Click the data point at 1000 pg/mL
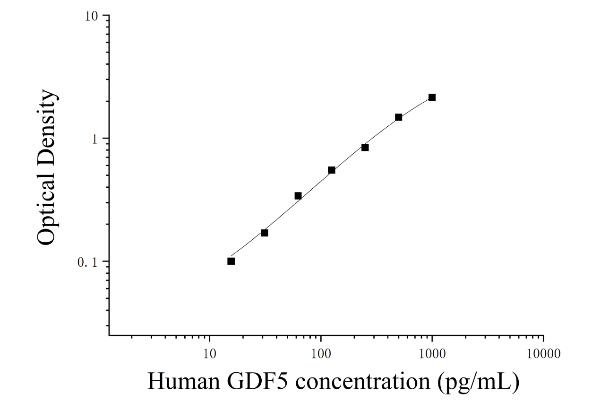pyautogui.click(x=432, y=97)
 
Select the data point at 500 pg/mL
pyautogui.click(x=399, y=117)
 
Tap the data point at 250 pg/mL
pyautogui.click(x=365, y=148)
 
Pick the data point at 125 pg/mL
pyautogui.click(x=331, y=170)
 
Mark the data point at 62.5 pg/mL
pyautogui.click(x=298, y=196)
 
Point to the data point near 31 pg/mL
pyautogui.click(x=265, y=233)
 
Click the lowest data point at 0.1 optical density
pyautogui.click(x=231, y=262)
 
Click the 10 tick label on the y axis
pyautogui.click(x=91, y=17)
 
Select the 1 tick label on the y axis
pyautogui.click(x=94, y=139)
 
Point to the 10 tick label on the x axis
pyautogui.click(x=210, y=354)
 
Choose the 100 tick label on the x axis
pyautogui.click(x=321, y=354)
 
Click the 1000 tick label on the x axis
pyautogui.click(x=432, y=354)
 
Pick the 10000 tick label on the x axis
pyautogui.click(x=543, y=354)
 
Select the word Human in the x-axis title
pyautogui.click(x=184, y=381)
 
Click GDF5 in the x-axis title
pyautogui.click(x=257, y=381)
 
